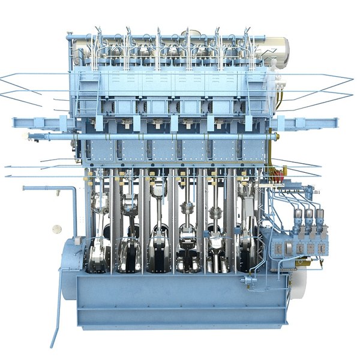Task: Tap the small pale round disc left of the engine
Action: [x=57, y=229]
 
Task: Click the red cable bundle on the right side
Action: [x=277, y=178]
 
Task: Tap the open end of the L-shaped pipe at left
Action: [x=25, y=188]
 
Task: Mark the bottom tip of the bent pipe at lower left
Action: [x=52, y=346]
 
